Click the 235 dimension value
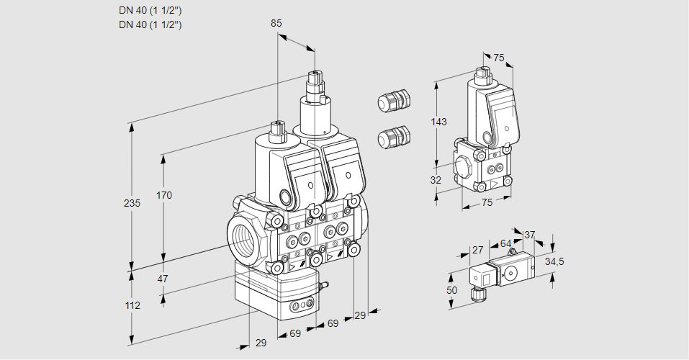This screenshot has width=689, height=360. [x=132, y=203]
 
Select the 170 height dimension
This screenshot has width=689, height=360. [x=164, y=195]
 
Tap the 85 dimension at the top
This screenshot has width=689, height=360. [x=276, y=23]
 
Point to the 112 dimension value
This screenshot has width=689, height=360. [x=132, y=305]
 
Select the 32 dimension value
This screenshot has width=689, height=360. [x=436, y=180]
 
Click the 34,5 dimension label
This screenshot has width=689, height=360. [x=554, y=261]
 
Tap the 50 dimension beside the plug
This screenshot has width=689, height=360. [x=451, y=289]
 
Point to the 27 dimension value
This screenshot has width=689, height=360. [x=477, y=250]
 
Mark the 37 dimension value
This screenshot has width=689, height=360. [x=529, y=235]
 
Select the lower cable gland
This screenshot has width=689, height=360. [x=393, y=136]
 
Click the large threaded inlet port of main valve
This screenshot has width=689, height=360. [x=243, y=237]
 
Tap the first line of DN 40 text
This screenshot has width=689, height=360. [x=150, y=11]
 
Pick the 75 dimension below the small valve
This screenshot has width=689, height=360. [x=487, y=203]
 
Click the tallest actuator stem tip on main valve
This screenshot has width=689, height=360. [x=314, y=76]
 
